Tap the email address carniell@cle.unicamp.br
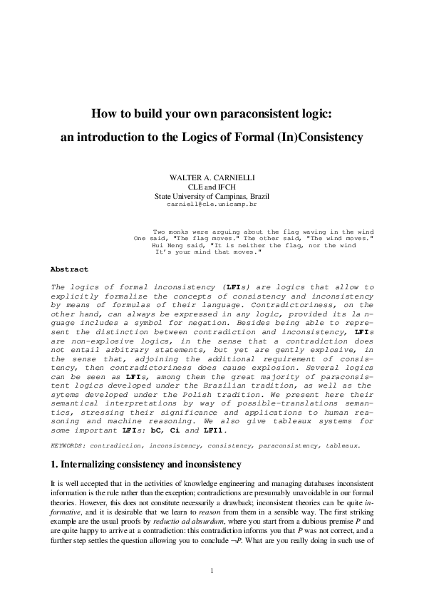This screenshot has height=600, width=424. click(x=212, y=204)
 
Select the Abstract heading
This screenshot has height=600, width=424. click(x=69, y=269)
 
